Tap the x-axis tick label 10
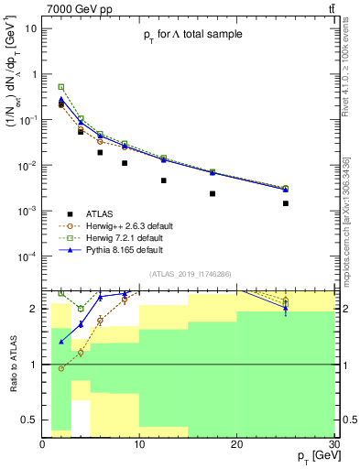click(139, 443)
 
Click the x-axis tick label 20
click(236, 443)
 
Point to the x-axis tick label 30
click(333, 443)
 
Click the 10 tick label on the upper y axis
click(30, 28)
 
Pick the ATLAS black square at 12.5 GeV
click(164, 180)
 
